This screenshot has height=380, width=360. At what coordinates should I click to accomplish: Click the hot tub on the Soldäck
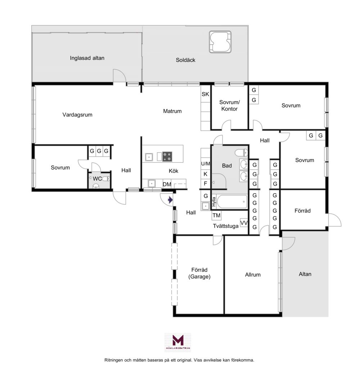[220, 42]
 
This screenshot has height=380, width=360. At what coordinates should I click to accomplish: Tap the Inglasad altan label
[87, 58]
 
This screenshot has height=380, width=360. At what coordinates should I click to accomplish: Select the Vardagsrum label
[77, 115]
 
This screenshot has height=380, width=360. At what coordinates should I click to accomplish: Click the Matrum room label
[172, 111]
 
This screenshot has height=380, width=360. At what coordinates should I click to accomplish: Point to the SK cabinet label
[205, 94]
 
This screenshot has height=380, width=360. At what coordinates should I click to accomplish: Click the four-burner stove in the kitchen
[167, 156]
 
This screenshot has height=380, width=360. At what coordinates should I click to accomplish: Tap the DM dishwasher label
[167, 185]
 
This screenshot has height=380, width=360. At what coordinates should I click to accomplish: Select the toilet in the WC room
[106, 179]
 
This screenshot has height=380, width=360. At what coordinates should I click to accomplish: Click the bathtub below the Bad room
[232, 202]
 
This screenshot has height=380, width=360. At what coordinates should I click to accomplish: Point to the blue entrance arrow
[170, 200]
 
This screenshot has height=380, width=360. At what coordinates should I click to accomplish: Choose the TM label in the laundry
[216, 215]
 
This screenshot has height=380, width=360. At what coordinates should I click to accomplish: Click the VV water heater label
[244, 223]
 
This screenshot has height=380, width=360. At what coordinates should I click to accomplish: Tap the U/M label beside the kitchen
[206, 164]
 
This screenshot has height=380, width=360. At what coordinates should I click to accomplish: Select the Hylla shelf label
[213, 202]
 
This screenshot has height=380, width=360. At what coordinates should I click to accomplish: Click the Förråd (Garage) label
[199, 273]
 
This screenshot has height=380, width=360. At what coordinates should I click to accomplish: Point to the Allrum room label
[253, 275]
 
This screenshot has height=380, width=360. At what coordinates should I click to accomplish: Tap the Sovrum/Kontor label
[229, 105]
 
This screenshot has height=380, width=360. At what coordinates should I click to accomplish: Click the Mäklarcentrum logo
[178, 342]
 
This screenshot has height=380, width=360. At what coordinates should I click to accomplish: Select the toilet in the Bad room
[241, 153]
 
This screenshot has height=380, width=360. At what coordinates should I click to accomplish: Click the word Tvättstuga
[226, 226]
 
